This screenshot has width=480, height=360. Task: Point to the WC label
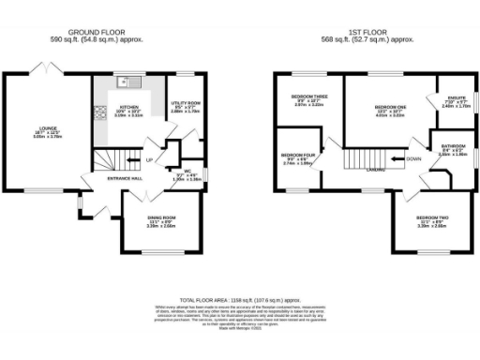pyautogui.click(x=191, y=171)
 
